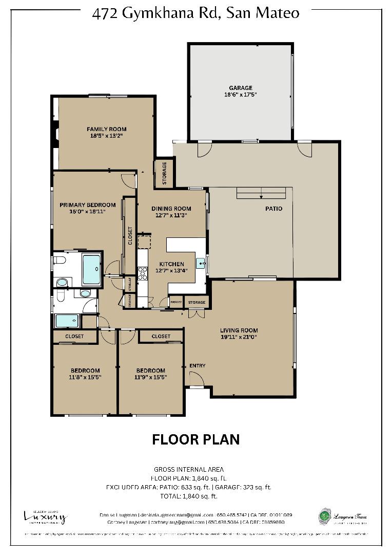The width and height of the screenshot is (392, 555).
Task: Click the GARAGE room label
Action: pos(241,88)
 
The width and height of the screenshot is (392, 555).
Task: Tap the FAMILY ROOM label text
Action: pos(106,129)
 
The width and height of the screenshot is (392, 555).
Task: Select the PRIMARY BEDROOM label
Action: pos(87,205)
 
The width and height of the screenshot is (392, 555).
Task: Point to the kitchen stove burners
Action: pos(142,273)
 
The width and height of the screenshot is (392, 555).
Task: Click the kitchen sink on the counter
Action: pos(203,265)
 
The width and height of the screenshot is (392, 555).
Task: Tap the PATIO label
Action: pos(273,209)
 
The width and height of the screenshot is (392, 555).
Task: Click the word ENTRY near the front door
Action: pos(198,366)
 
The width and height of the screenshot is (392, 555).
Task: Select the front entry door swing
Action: pos(197,379)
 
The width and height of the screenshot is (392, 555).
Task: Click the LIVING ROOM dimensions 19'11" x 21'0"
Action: pos(239,337)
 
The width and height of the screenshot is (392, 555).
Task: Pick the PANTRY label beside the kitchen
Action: pos(176,302)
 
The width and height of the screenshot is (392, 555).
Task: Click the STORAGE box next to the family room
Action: pos(164,169)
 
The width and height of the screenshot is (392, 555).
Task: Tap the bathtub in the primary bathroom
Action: pos(92,269)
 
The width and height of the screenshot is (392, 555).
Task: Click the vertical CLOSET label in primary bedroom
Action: pos(130,236)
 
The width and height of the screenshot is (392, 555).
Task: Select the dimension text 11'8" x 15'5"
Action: pos(85,377)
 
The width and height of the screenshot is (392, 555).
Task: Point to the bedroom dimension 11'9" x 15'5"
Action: pos(150,377)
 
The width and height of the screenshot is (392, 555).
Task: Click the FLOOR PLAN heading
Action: pos(195,439)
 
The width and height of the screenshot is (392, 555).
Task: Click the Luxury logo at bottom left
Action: pos(45,516)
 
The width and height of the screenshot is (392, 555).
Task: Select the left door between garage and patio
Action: pos(204,149)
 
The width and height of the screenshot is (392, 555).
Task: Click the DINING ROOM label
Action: pos(171,209)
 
